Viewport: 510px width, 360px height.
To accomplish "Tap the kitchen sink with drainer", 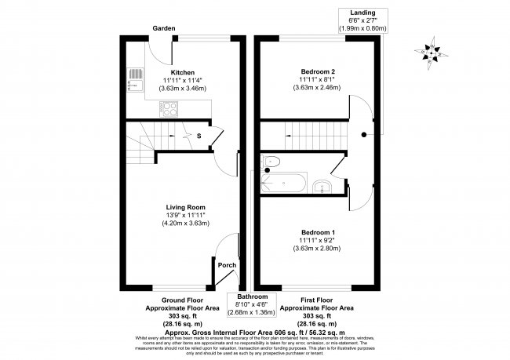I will pos(133,78).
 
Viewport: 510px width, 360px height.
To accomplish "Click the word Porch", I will pos(227,265).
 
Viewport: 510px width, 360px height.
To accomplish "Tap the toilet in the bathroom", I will pos(271,163).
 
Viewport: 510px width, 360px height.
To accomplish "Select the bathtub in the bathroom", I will pos(279,184).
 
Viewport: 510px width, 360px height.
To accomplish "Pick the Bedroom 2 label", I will pos(317,71).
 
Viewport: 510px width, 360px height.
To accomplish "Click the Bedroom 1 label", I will pos(317,233).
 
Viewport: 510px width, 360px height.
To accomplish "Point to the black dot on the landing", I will pos(364,135).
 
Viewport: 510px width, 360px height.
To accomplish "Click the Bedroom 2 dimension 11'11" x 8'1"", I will pos(317,79).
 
